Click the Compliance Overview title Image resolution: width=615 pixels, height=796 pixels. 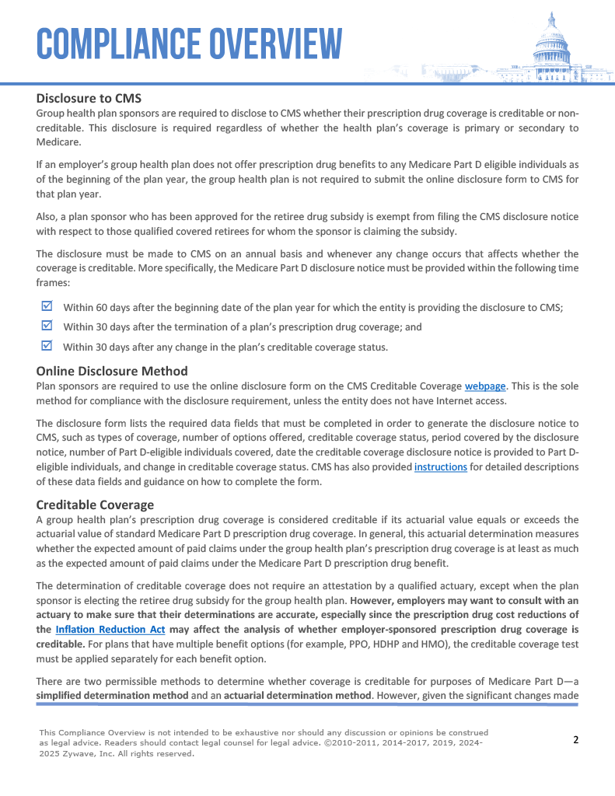(x=189, y=44)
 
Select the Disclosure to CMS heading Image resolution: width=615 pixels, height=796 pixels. (x=89, y=99)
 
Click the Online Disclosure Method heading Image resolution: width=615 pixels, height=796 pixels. (x=112, y=371)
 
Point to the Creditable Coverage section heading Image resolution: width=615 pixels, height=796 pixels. (x=95, y=505)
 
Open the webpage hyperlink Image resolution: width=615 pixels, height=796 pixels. (x=485, y=386)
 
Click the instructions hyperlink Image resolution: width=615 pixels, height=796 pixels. (x=441, y=467)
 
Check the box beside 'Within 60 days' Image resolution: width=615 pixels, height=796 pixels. (x=46, y=306)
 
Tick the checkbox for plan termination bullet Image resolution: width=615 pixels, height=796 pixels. (x=46, y=326)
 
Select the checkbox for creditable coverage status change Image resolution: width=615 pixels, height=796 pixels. (x=46, y=345)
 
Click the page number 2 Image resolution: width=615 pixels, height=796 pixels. (x=575, y=740)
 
